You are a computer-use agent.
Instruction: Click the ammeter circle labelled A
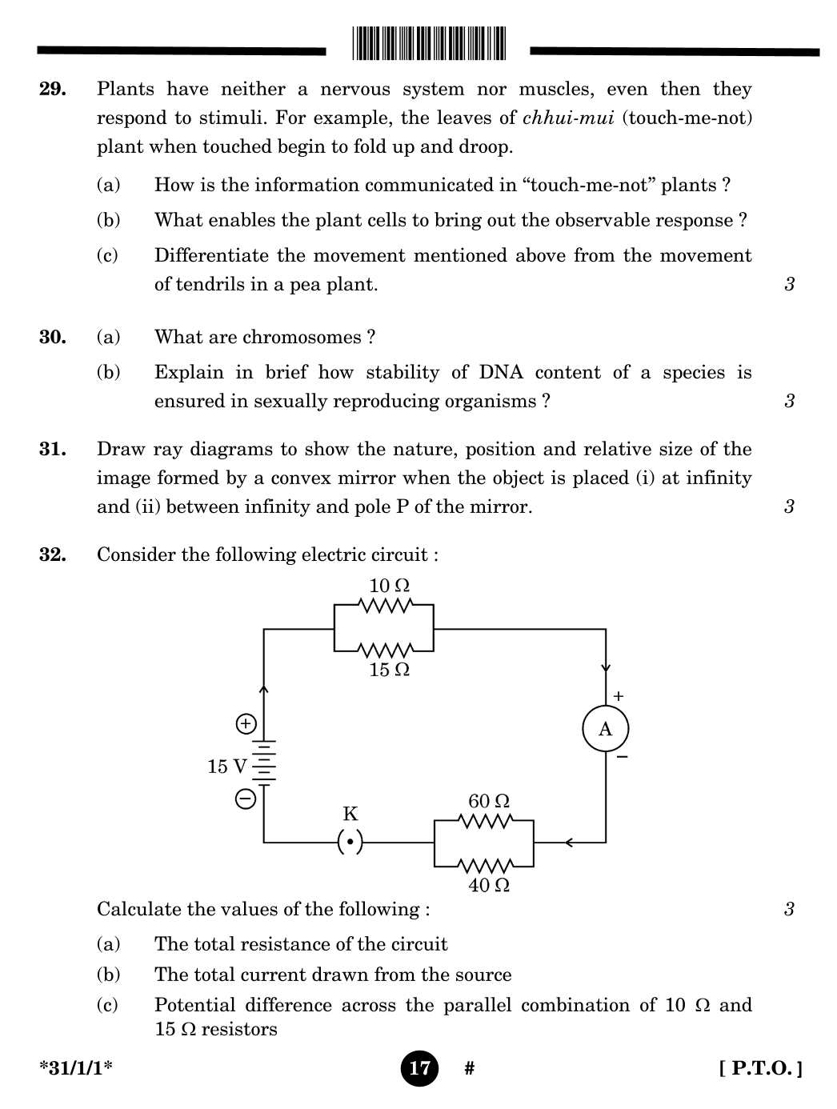[605, 729]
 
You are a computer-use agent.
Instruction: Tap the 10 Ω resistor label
[389, 586]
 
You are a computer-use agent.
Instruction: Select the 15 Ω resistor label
[389, 670]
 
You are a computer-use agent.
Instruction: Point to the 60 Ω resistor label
[488, 801]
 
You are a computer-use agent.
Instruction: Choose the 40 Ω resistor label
[488, 885]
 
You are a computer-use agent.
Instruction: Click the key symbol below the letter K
[350, 843]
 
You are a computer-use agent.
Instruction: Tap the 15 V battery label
[226, 767]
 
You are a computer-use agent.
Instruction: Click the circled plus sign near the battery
[246, 724]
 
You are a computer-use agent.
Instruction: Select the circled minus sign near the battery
[246, 799]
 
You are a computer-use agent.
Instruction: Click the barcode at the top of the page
[429, 43]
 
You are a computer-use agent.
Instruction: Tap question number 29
[53, 89]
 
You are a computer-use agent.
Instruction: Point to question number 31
[53, 449]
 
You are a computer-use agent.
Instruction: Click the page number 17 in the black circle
[419, 1068]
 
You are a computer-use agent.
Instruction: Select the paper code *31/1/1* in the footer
[76, 1068]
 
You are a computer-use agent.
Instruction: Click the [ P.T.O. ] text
[760, 1068]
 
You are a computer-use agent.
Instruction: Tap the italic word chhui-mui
[568, 118]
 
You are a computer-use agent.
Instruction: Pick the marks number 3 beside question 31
[789, 506]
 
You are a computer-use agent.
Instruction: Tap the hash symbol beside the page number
[470, 1068]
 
